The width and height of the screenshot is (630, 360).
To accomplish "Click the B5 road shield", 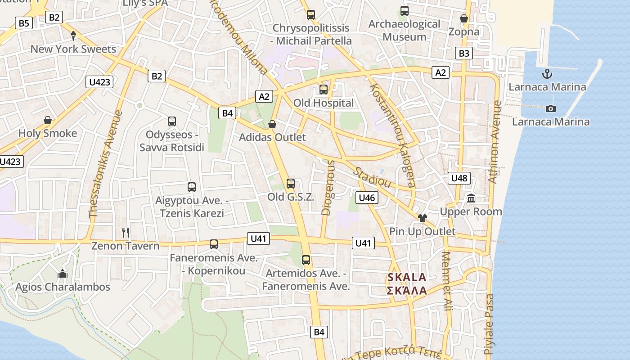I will coord(23,23).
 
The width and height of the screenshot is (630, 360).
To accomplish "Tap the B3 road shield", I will coord(464,53).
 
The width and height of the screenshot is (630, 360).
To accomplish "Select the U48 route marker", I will coord(459,178).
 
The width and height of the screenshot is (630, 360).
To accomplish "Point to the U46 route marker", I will coord(367,197).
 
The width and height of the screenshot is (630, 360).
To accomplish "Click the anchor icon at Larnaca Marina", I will coord(547,74).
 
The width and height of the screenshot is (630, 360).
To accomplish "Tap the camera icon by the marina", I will coord(550,108).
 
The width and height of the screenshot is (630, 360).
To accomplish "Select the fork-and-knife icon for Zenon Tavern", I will coord(126,232).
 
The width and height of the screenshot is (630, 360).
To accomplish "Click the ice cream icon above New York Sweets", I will coord(73,36).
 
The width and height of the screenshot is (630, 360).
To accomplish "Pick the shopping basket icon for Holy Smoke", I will coord(48,120).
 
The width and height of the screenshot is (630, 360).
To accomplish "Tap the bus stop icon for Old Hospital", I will coord(324,90).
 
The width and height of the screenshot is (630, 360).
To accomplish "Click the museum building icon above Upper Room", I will coord(471,198).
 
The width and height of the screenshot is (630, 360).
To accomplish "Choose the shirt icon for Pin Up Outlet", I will coord(422,218).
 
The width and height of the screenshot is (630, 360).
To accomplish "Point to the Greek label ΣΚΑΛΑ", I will coord(407,290).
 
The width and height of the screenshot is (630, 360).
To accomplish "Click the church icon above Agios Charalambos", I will coord(63,274).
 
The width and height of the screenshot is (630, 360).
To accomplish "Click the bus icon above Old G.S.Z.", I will coord(291,184).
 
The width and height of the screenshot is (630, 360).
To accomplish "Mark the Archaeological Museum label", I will coord(405,30).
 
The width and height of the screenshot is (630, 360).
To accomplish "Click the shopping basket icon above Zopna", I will coord(464,18).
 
